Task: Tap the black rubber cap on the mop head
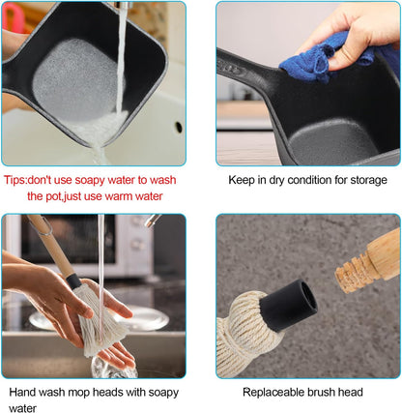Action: click(288, 305)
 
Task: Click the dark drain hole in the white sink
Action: click(178, 127)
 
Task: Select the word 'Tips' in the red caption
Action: click(14, 180)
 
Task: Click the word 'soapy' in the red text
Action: click(90, 181)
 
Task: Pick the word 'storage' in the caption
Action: click(368, 180)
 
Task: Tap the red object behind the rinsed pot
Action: click(13, 16)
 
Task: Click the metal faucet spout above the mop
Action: click(153, 221)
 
